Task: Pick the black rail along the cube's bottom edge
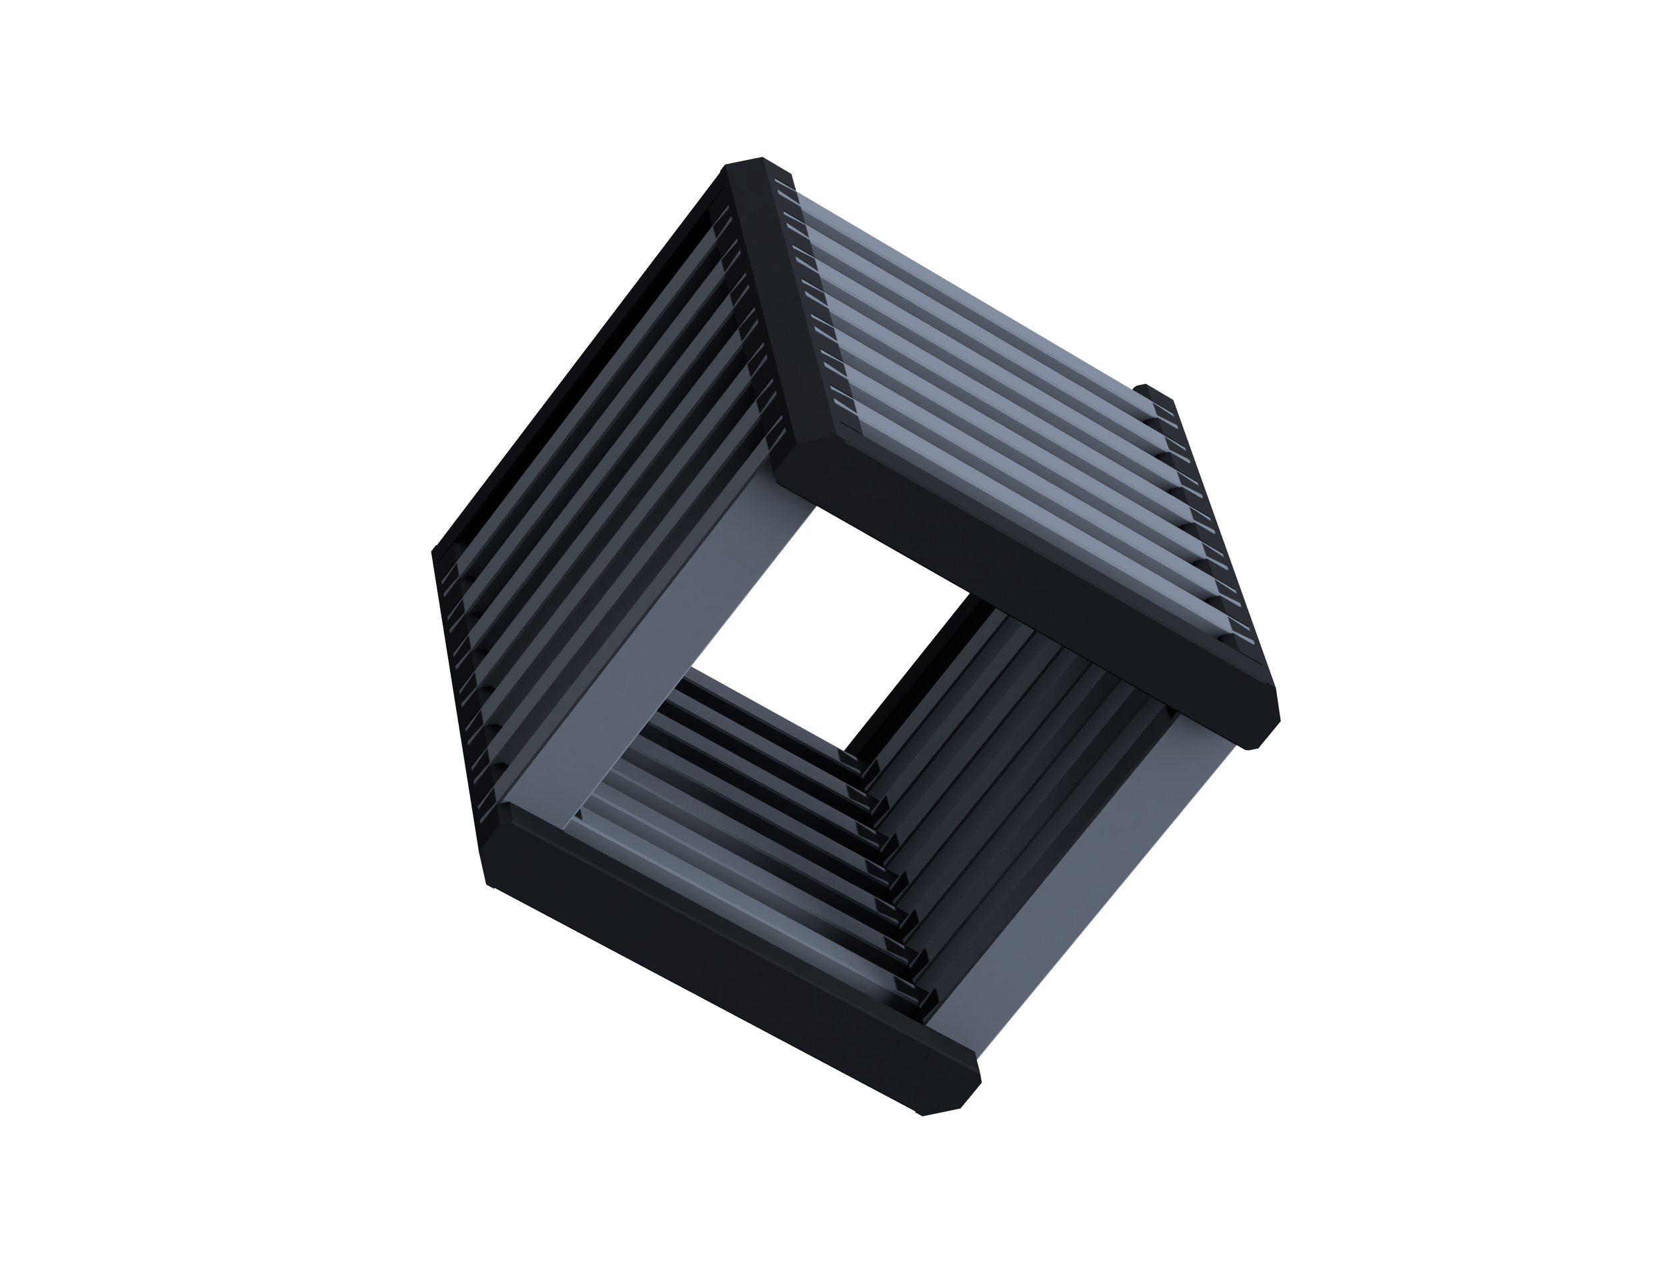tap(725, 992)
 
